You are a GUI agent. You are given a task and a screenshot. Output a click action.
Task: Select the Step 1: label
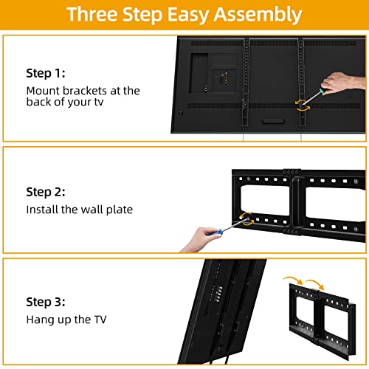46,75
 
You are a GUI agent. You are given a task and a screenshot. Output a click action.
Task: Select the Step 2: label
46,192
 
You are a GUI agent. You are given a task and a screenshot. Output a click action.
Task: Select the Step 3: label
46,303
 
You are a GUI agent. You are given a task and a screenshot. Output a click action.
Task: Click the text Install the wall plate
80,210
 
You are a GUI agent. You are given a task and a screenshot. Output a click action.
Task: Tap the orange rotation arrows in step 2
246,218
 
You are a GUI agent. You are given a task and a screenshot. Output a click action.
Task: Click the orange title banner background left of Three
37,15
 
